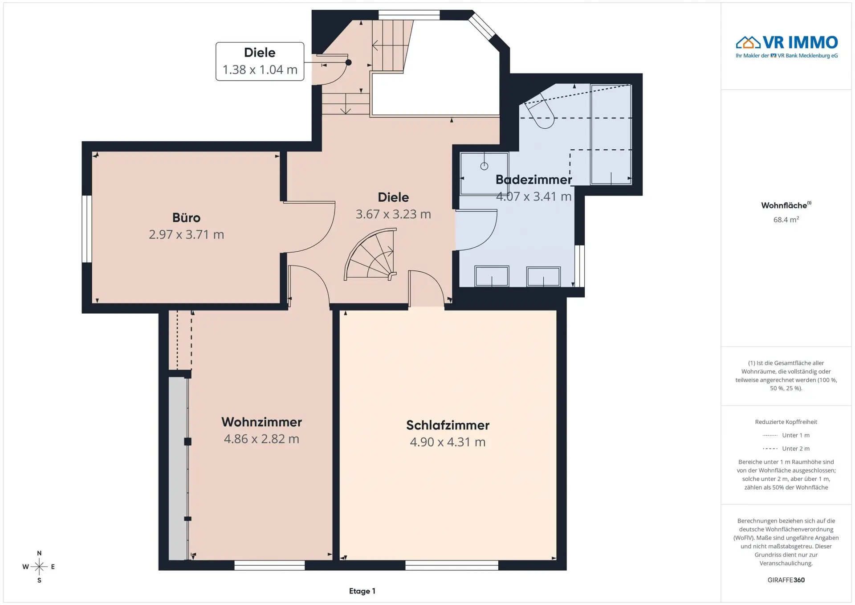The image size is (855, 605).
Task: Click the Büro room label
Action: pos(186,217)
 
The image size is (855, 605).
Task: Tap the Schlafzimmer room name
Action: pos(448,425)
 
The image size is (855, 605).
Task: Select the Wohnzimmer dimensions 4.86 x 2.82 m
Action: pos(261,439)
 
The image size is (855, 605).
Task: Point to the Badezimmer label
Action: pos(533,180)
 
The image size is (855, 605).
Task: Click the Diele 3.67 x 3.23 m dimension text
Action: pos(393,214)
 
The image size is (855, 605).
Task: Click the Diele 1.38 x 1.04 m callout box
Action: pos(260,61)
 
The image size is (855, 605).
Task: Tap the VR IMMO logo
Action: pos(786,46)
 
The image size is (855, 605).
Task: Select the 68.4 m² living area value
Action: pos(786,220)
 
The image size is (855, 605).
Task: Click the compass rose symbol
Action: pos(39,567)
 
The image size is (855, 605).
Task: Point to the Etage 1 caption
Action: pos(362,591)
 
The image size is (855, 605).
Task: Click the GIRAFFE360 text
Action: pos(786,580)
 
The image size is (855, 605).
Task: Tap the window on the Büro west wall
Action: pos(87,229)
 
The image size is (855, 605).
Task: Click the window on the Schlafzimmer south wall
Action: pos(452,565)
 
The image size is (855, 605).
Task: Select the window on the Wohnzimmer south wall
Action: pos(269,565)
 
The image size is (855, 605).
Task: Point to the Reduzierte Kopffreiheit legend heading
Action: pos(786,422)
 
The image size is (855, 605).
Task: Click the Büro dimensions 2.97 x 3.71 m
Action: pos(186,234)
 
